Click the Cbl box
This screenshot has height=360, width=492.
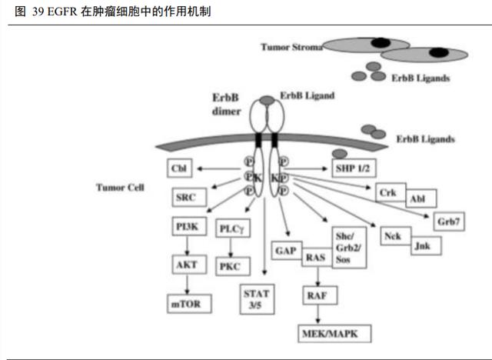[180, 168]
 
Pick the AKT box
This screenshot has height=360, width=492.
[187, 265]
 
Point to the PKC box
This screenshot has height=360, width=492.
[231, 266]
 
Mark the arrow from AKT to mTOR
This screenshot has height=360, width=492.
[187, 283]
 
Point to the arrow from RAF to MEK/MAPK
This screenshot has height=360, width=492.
[315, 314]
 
